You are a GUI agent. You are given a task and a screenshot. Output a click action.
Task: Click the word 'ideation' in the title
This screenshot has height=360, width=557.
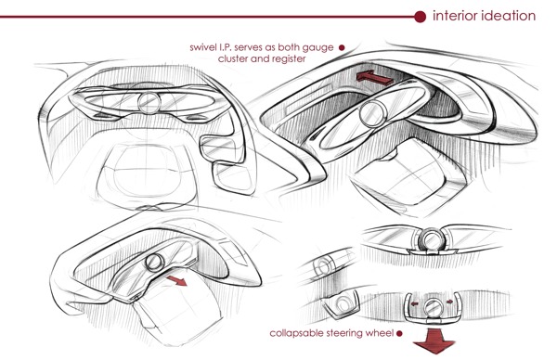pyautogui.click(x=509, y=16)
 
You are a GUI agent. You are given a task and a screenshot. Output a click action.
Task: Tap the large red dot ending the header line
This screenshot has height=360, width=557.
pyautogui.click(x=420, y=17)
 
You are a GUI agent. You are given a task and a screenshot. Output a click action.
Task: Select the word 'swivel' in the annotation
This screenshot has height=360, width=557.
pyautogui.click(x=201, y=47)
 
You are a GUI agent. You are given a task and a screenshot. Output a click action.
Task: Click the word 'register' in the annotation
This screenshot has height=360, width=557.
pyautogui.click(x=291, y=59)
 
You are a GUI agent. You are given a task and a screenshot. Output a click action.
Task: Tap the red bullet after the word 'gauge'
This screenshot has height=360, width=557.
pyautogui.click(x=342, y=47)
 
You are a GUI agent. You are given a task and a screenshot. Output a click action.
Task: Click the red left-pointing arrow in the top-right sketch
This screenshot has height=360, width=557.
pyautogui.click(x=374, y=77)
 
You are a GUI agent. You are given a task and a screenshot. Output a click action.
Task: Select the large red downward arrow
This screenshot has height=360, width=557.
pyautogui.click(x=434, y=341)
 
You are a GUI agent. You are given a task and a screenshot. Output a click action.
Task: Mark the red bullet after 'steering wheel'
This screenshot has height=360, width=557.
pyautogui.click(x=399, y=333)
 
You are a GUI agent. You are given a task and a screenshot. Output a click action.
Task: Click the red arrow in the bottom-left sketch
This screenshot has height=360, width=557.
pyautogui.click(x=176, y=280)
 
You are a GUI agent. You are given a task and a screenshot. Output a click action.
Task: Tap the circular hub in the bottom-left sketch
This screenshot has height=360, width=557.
pyautogui.click(x=155, y=263)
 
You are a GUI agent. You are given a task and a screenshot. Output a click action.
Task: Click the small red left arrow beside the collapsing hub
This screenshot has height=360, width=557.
pyautogui.click(x=414, y=304)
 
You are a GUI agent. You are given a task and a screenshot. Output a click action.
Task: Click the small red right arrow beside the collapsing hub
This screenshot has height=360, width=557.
pyautogui.click(x=449, y=302)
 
